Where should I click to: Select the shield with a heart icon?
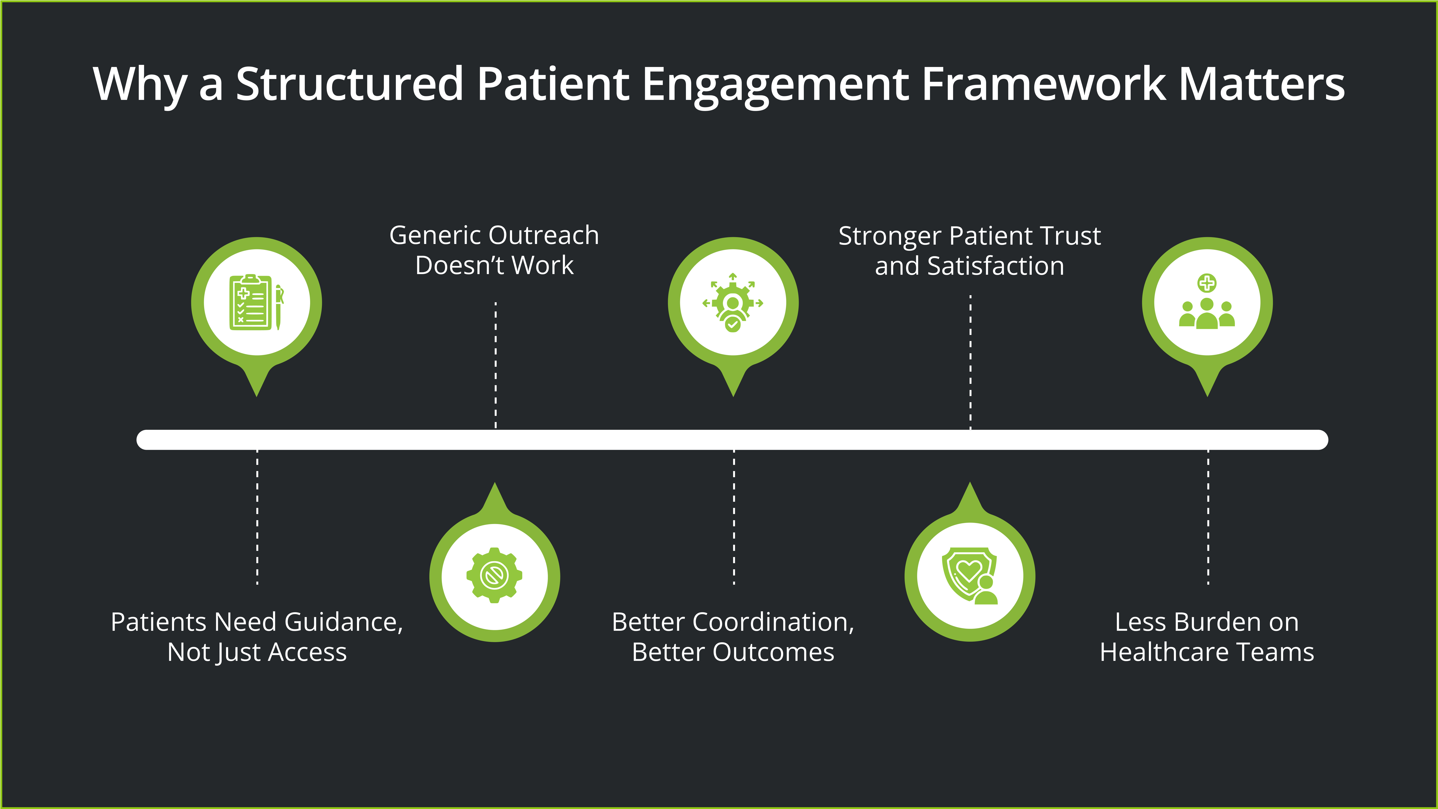[970, 575]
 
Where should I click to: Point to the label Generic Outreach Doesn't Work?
[494, 250]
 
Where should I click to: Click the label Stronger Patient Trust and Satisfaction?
[970, 251]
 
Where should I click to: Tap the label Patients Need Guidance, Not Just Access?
[257, 637]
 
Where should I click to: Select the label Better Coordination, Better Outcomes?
[733, 637]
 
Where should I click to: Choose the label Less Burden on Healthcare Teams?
[1207, 637]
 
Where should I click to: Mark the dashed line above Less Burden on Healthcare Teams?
[1208, 516]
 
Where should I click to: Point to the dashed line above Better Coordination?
[734, 516]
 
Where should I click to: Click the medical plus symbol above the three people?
[1207, 283]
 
